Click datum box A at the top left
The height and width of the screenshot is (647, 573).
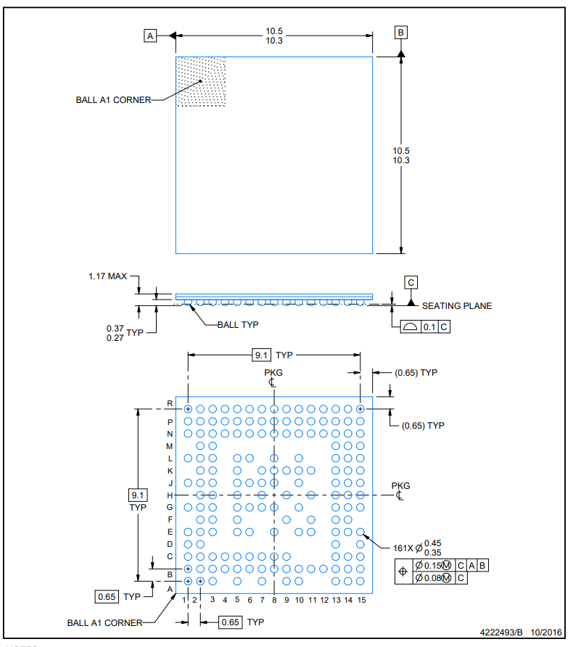click(x=150, y=35)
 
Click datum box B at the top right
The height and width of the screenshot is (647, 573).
click(x=401, y=32)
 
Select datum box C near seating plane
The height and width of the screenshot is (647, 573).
click(x=411, y=282)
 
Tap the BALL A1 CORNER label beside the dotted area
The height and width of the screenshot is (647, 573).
click(x=113, y=100)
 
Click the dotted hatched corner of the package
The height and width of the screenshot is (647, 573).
click(x=201, y=81)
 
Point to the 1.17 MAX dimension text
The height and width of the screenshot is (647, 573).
click(x=107, y=277)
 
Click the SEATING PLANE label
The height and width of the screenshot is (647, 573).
click(x=457, y=306)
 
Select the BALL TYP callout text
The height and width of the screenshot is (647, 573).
click(x=238, y=325)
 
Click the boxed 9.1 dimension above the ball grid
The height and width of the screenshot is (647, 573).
click(x=261, y=355)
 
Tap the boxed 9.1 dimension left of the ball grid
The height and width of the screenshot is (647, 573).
click(x=138, y=495)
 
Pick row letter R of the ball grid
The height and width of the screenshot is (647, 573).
click(x=170, y=403)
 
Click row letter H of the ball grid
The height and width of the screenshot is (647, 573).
click(x=170, y=495)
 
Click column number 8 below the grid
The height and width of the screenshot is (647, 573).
click(x=274, y=600)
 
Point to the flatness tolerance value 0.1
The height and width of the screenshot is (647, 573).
click(x=429, y=327)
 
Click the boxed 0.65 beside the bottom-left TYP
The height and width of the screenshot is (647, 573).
click(x=107, y=597)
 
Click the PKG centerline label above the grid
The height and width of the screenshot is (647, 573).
click(x=273, y=373)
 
